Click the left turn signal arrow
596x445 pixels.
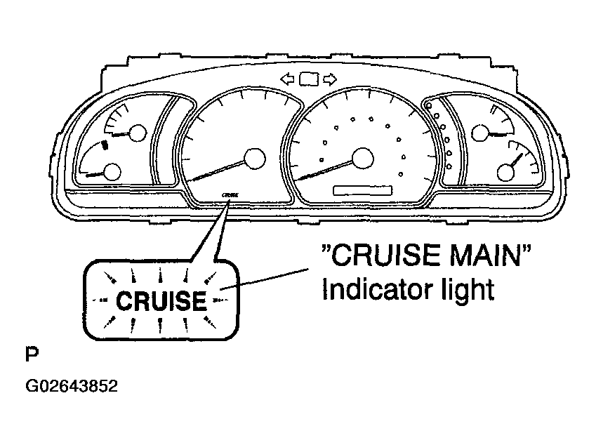point(287,79)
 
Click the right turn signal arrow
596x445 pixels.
point(330,79)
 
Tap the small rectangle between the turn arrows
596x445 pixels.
point(309,79)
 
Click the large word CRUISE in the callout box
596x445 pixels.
point(161,301)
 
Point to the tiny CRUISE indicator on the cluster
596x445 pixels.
point(230,195)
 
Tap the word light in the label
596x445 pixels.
point(468,291)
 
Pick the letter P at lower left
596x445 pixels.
point(32,354)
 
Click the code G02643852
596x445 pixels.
point(72,386)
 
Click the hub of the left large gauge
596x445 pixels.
point(254,159)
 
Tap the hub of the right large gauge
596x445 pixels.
point(363,158)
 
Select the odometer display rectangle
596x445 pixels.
point(363,190)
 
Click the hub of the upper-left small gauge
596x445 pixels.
point(138,133)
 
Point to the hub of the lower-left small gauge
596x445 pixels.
point(112,172)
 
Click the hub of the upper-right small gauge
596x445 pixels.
point(480,133)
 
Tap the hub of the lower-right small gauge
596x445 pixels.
point(505,172)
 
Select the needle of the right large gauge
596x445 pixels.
point(324,171)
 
